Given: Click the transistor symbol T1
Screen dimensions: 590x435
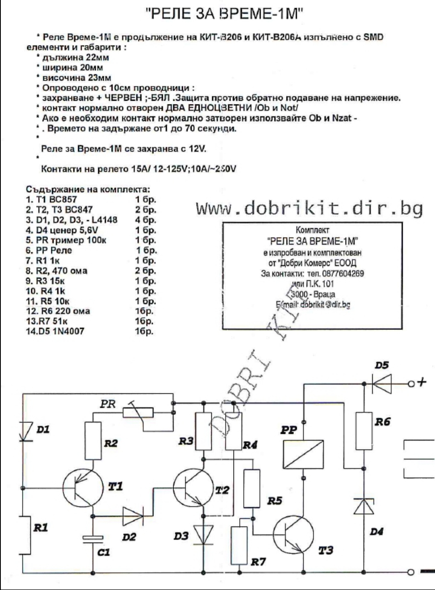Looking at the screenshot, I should (x=82, y=488).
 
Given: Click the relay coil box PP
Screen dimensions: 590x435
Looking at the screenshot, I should (x=304, y=453).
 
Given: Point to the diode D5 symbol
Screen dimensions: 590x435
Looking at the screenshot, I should (x=382, y=383).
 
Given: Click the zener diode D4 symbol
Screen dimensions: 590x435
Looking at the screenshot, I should (x=364, y=506).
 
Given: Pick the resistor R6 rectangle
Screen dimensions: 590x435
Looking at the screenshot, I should (x=364, y=431).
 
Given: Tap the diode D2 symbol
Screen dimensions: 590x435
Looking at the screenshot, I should (x=133, y=515).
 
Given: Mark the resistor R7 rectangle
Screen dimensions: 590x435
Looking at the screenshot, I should (x=239, y=545).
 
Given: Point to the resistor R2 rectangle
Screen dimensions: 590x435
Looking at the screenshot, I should (x=93, y=440).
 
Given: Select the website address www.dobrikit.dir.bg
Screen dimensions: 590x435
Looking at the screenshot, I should (x=309, y=209).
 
